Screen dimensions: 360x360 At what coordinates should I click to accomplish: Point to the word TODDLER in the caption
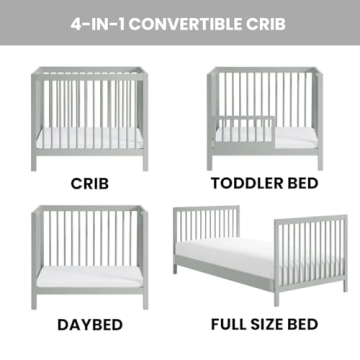tap(241, 184)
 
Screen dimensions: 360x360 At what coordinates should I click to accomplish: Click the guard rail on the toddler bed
tap(232, 131)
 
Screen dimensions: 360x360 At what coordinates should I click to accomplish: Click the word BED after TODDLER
tap(297, 184)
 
